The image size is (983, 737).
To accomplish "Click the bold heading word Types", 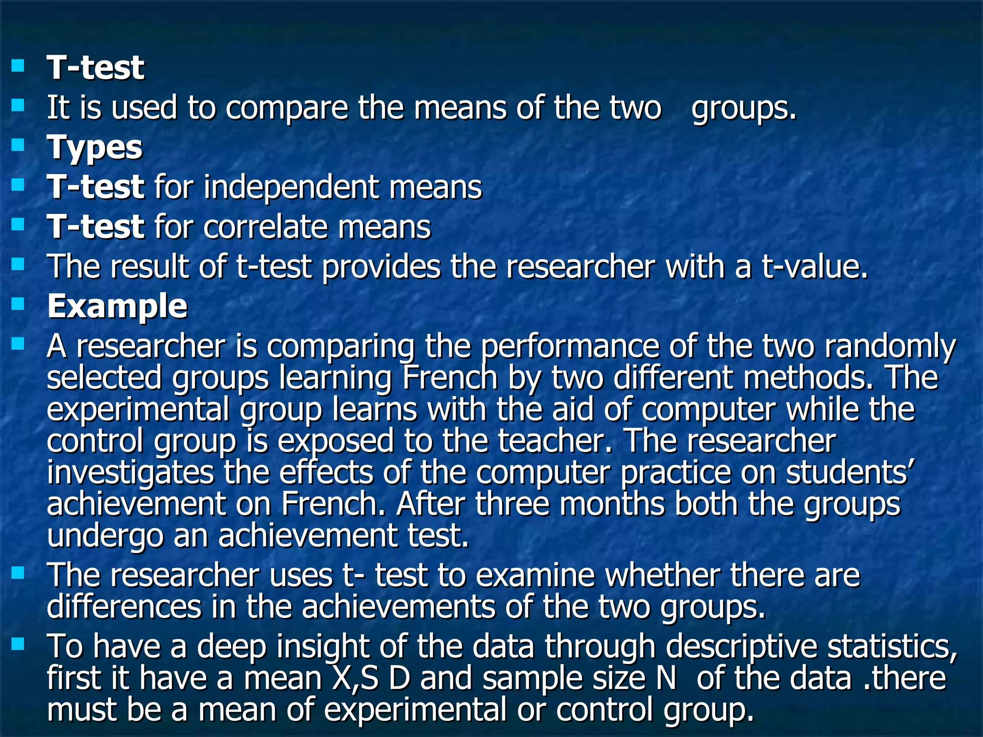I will pyautogui.click(x=95, y=147).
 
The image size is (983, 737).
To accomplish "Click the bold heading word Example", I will pyautogui.click(x=117, y=306).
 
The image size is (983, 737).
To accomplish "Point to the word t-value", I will pyautogui.click(x=815, y=266).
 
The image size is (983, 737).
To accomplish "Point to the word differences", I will pyautogui.click(x=124, y=607).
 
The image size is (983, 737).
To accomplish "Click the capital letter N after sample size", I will pyautogui.click(x=665, y=678).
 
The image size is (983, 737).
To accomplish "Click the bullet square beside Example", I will pyautogui.click(x=18, y=304).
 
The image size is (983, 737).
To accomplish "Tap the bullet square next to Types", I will pyautogui.click(x=18, y=144).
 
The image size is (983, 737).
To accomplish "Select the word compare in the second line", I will pyautogui.click(x=287, y=107).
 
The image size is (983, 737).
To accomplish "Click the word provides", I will pyautogui.click(x=381, y=266).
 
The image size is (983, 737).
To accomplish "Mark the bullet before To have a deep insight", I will pyautogui.click(x=18, y=644).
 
